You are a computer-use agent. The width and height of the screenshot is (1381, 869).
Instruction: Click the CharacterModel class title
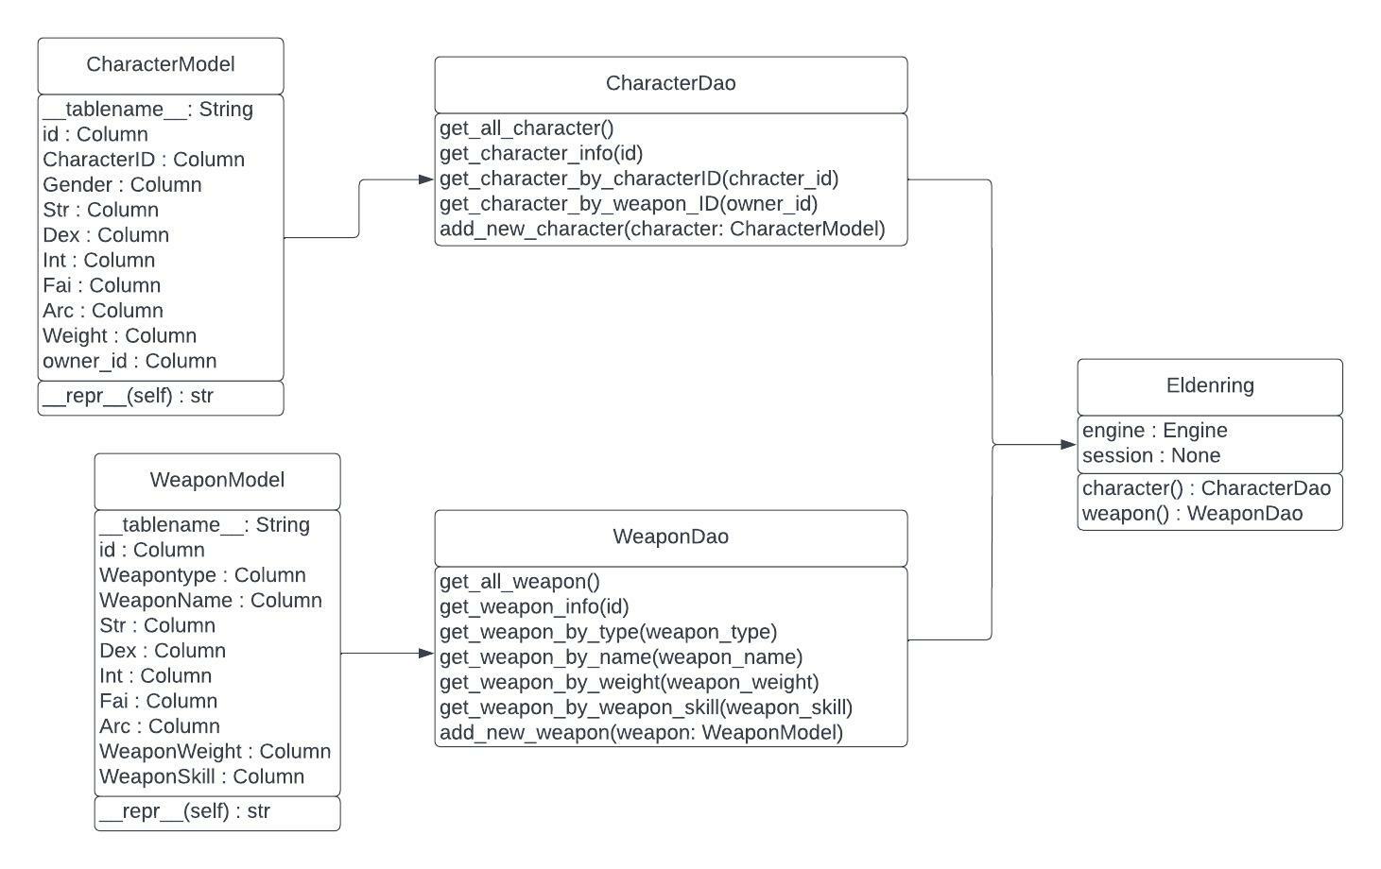click(161, 64)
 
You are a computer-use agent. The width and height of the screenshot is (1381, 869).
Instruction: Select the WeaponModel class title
click(217, 480)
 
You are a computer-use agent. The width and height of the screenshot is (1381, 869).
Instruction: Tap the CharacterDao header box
click(670, 84)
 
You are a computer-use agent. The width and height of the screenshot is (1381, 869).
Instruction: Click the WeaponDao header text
click(670, 537)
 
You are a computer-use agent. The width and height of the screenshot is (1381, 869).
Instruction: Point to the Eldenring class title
click(1210, 385)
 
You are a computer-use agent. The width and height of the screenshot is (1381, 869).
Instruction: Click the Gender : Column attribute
click(122, 185)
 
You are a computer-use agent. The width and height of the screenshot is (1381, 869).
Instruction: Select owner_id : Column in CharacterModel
click(129, 361)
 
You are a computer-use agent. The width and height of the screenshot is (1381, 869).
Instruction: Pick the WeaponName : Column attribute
click(210, 601)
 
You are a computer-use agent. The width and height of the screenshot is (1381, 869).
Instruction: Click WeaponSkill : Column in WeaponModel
click(201, 776)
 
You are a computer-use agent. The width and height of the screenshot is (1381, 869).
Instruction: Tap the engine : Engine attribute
click(1154, 431)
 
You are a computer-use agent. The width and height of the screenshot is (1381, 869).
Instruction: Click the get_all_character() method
click(527, 128)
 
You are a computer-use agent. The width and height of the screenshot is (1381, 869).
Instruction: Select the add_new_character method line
click(662, 229)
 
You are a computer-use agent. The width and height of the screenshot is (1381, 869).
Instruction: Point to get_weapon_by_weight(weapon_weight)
click(629, 682)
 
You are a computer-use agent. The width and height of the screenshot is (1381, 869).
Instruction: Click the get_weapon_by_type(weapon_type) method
click(608, 632)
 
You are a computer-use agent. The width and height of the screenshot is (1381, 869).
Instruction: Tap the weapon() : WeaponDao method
click(1192, 514)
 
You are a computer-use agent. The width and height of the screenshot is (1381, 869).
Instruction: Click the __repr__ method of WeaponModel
click(184, 811)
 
